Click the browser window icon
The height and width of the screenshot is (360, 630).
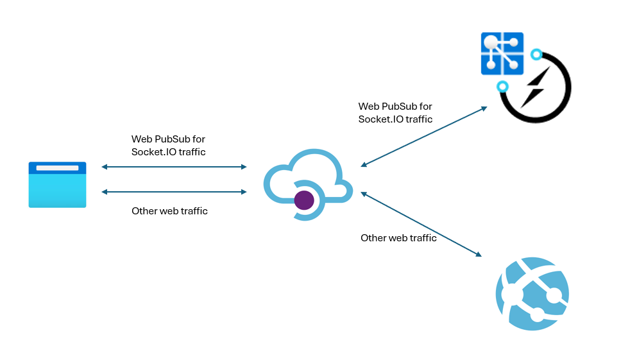coord(57,185)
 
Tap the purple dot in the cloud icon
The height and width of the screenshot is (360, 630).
coord(303,200)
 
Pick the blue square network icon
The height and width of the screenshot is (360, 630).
coord(502,54)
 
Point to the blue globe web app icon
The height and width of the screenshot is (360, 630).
coord(532,293)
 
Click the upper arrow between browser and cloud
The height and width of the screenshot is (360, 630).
coord(174,167)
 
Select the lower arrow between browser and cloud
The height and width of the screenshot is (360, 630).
coord(174,192)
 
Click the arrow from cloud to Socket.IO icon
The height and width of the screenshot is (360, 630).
coord(424,137)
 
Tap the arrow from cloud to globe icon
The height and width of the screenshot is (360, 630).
coord(421,224)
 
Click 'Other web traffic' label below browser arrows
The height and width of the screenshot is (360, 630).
coord(169,211)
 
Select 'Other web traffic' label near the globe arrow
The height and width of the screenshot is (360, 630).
coord(398,238)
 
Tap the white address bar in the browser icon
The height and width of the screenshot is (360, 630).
coord(57,168)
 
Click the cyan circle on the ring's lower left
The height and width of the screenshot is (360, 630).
coord(503,86)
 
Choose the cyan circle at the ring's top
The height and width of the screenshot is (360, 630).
coord(537,55)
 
